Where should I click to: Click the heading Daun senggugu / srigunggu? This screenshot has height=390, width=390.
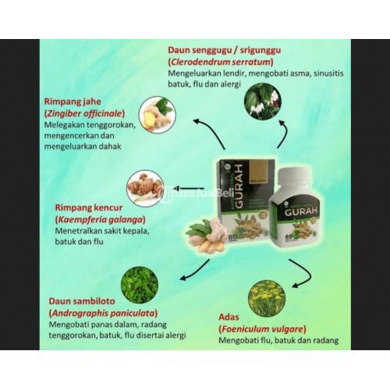coord(225,49)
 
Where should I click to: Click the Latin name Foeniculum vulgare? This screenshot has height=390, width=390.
coord(257,329)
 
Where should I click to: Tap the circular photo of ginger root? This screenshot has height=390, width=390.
coord(157,113)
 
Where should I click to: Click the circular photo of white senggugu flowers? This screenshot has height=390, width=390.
coord(261,100)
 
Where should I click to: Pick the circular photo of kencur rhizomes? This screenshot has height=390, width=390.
coord(145,187)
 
